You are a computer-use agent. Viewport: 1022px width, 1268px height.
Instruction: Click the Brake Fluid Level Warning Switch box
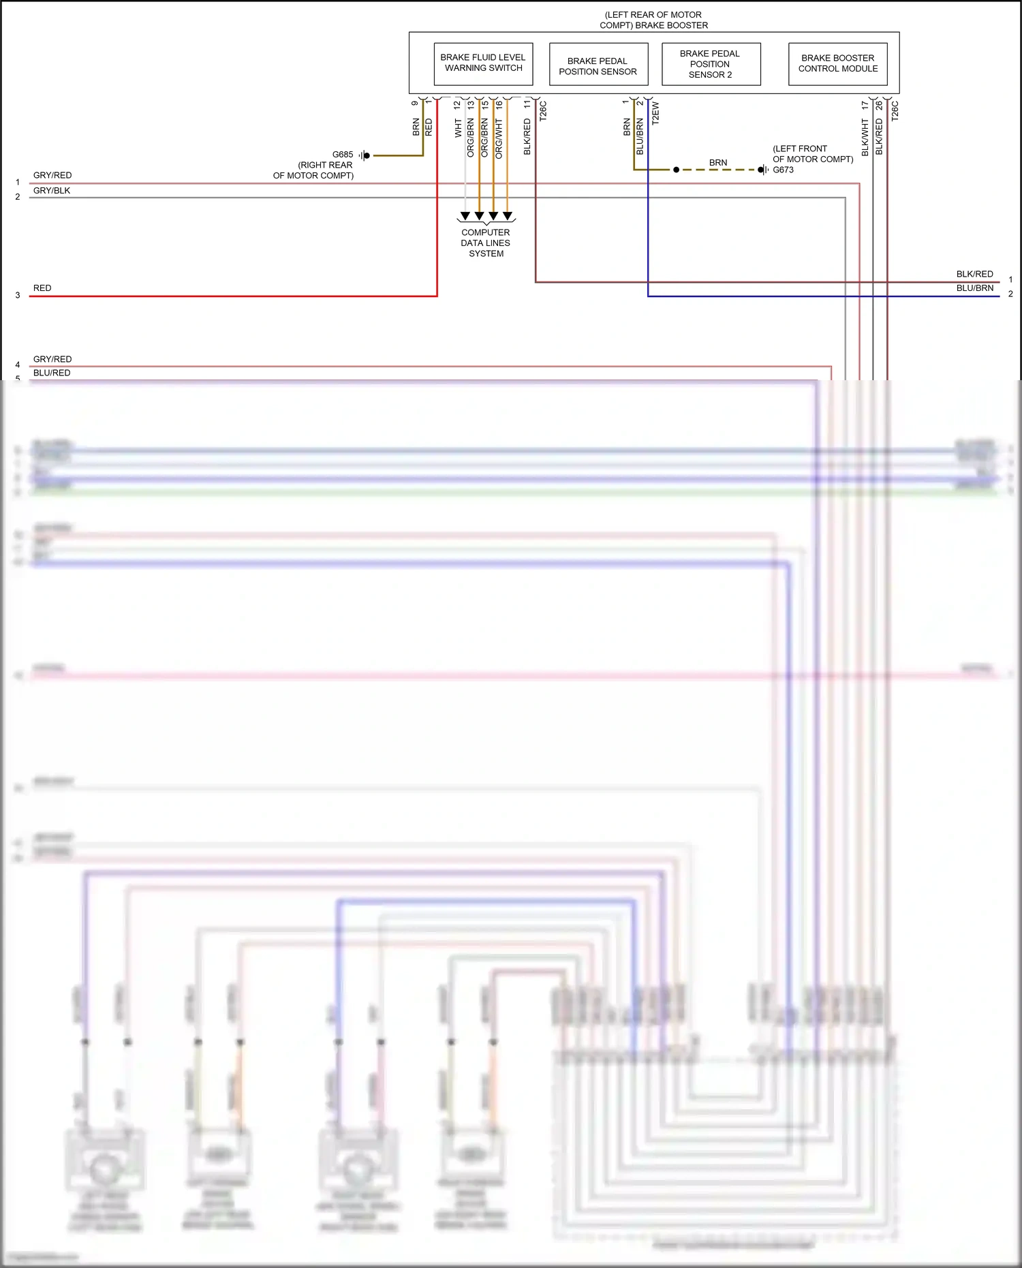[x=483, y=63]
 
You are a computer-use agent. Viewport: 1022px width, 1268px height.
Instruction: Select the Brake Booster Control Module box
[x=837, y=63]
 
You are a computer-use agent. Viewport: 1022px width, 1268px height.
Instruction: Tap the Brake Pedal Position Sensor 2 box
[x=710, y=64]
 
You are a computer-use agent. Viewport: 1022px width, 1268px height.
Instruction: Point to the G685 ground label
[x=343, y=155]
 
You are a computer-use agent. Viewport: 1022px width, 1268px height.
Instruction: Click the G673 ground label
[x=783, y=170]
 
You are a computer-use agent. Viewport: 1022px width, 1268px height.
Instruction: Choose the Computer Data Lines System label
[x=486, y=243]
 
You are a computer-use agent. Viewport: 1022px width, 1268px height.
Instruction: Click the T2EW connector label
[x=655, y=113]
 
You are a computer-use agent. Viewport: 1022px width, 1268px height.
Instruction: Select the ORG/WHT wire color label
[x=499, y=139]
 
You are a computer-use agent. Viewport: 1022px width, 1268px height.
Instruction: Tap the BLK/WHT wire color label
[x=865, y=138]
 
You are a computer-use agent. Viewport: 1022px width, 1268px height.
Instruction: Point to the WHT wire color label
[x=458, y=128]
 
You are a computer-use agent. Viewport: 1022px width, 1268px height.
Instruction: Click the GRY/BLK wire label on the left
[x=52, y=191]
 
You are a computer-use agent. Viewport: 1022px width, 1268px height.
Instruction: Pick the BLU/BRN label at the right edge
[x=974, y=288]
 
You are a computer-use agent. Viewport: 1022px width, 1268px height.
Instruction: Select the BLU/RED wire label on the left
[x=52, y=373]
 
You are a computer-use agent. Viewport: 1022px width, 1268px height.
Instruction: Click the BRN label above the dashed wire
[x=718, y=163]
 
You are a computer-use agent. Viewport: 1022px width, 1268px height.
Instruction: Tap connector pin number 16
[x=499, y=106]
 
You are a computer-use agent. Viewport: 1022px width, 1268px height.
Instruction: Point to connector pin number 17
[x=865, y=106]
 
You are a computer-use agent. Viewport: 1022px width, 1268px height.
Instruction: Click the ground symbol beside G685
[x=365, y=156]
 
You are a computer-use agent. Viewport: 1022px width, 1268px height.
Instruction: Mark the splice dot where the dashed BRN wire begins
[x=676, y=170]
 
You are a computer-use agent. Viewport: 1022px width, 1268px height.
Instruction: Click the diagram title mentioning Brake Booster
[x=653, y=20]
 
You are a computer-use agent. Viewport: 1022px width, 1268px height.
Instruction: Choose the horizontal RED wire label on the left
[x=42, y=288]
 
